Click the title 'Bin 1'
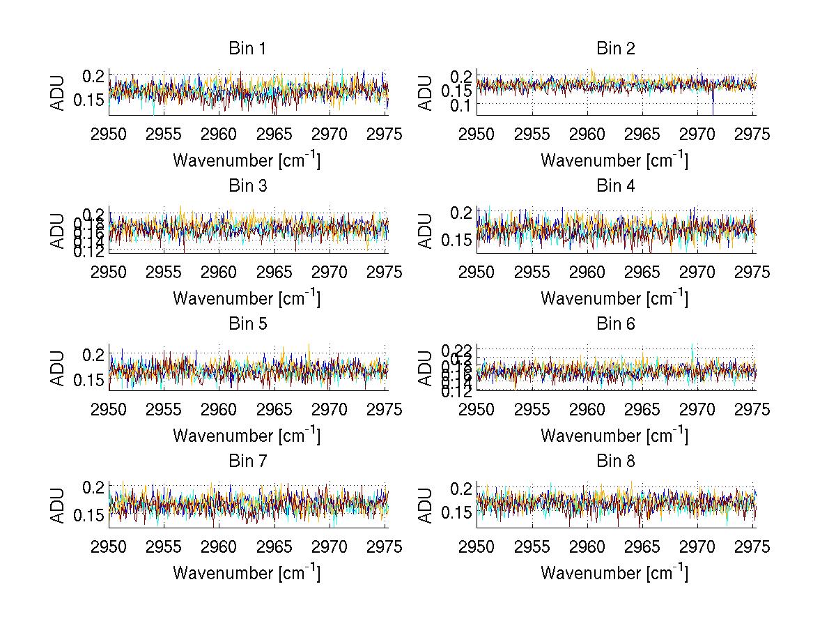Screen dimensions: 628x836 coord(247,49)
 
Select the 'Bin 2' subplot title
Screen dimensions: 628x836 coord(615,49)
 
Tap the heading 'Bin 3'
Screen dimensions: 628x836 coord(247,186)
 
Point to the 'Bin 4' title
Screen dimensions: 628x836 coord(615,186)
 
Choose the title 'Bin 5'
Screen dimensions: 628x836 coord(247,324)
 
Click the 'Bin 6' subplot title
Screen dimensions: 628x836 coord(615,324)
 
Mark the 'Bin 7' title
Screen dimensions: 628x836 coord(247,461)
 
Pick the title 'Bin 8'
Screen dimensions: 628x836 coord(615,461)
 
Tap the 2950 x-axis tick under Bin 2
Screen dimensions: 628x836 coord(477,135)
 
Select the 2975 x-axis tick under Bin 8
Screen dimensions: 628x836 coord(752,547)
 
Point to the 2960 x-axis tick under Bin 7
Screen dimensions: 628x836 coord(219,547)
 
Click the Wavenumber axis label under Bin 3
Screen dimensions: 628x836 coord(247,298)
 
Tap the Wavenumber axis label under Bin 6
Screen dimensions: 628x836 coord(614,436)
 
